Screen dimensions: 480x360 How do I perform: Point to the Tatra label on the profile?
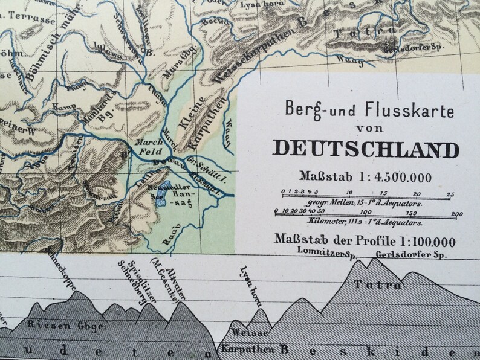coord(378,284)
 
